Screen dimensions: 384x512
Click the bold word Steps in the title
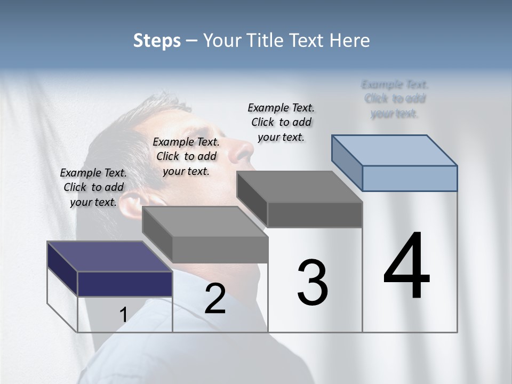pos(157,41)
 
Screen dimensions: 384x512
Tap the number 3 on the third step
pos(313,283)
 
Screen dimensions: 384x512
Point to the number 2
pos(215,299)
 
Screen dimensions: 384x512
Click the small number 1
pos(123,315)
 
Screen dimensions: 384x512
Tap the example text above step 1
pos(93,187)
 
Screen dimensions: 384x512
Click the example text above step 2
pos(186,156)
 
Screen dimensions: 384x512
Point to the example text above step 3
pos(281,122)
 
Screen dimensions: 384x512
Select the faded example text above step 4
pos(395,99)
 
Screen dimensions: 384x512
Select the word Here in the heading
pos(350,41)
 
